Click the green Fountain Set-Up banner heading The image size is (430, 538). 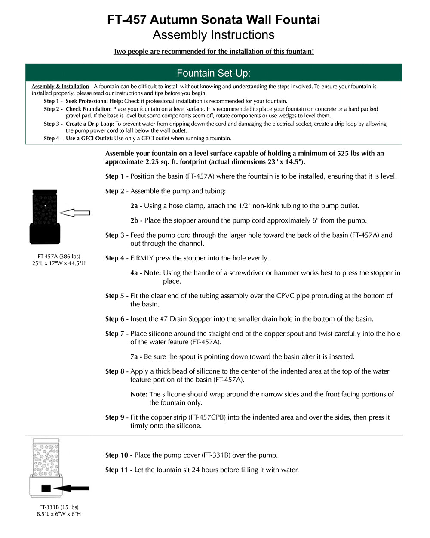(x=214, y=73)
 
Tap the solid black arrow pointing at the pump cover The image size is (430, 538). (x=72, y=488)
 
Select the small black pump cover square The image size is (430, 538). (x=46, y=488)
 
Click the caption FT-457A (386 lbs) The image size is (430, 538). (x=58, y=256)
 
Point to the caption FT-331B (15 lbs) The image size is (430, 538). (x=58, y=507)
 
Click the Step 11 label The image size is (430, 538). (x=117, y=470)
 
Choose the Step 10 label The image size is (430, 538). (x=117, y=455)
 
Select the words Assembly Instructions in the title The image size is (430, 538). (x=214, y=35)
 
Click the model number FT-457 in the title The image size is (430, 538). (x=127, y=20)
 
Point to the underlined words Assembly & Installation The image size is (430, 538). (x=60, y=87)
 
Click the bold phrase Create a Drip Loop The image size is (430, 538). (x=90, y=124)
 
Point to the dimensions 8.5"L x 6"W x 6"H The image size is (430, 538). (x=58, y=514)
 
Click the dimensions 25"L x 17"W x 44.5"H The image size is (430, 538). (x=58, y=263)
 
